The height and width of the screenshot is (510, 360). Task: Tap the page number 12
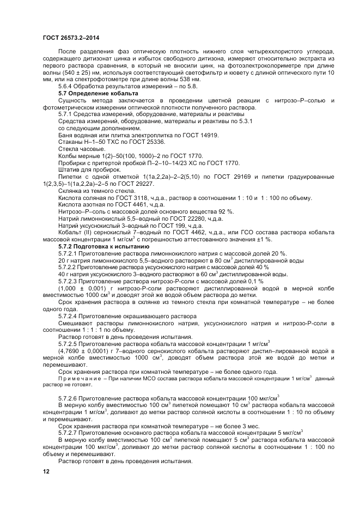point(46,472)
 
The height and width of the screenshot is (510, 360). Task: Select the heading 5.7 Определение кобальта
point(98,93)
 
